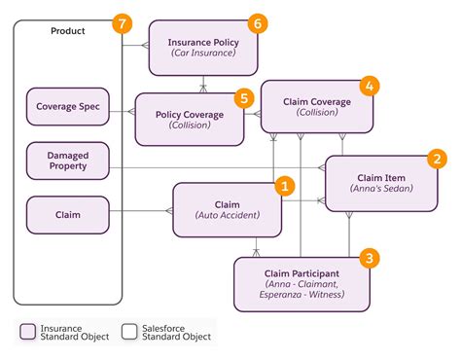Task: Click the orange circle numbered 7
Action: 122,23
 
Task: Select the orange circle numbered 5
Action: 244,97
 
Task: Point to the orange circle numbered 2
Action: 438,159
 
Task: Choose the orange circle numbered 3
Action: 369,258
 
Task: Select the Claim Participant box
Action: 301,282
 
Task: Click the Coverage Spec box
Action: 67,107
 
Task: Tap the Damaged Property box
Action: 67,161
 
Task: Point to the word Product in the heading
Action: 67,31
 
